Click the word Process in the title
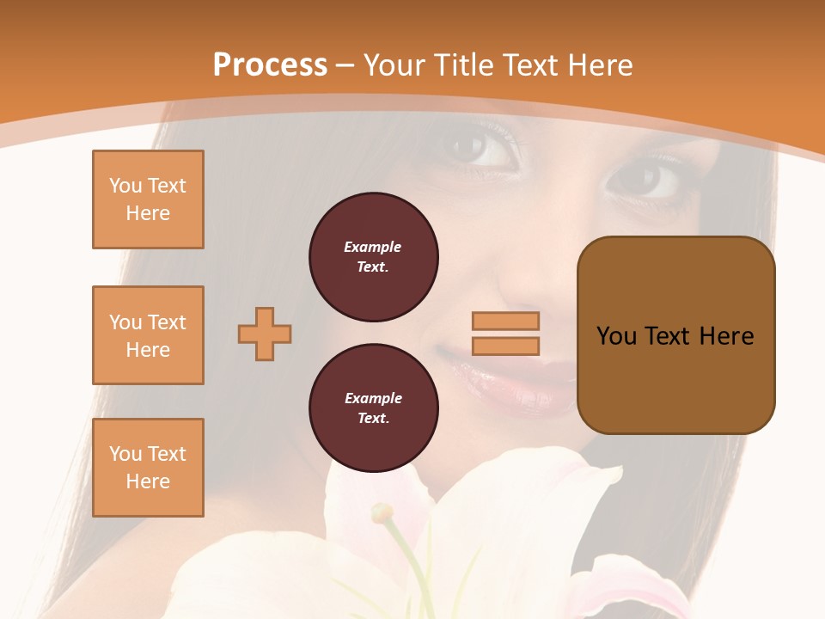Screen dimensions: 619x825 coord(270,65)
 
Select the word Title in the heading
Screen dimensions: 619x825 coord(462,65)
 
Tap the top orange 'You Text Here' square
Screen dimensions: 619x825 coord(148,199)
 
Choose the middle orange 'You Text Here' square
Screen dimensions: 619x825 coord(148,335)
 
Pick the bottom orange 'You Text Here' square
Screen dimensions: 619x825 coord(148,468)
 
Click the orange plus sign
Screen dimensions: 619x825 coord(265,334)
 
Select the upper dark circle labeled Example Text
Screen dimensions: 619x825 coord(373,257)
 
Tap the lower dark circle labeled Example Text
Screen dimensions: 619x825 coord(373,408)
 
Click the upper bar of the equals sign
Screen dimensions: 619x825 coord(505,322)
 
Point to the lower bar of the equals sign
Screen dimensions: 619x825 coord(505,346)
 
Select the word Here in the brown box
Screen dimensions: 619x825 coord(726,336)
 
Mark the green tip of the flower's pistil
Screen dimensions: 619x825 coord(382,514)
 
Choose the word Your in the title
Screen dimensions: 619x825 coord(394,65)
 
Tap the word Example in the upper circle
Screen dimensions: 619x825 coord(372,247)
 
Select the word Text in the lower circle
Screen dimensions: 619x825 coord(372,419)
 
